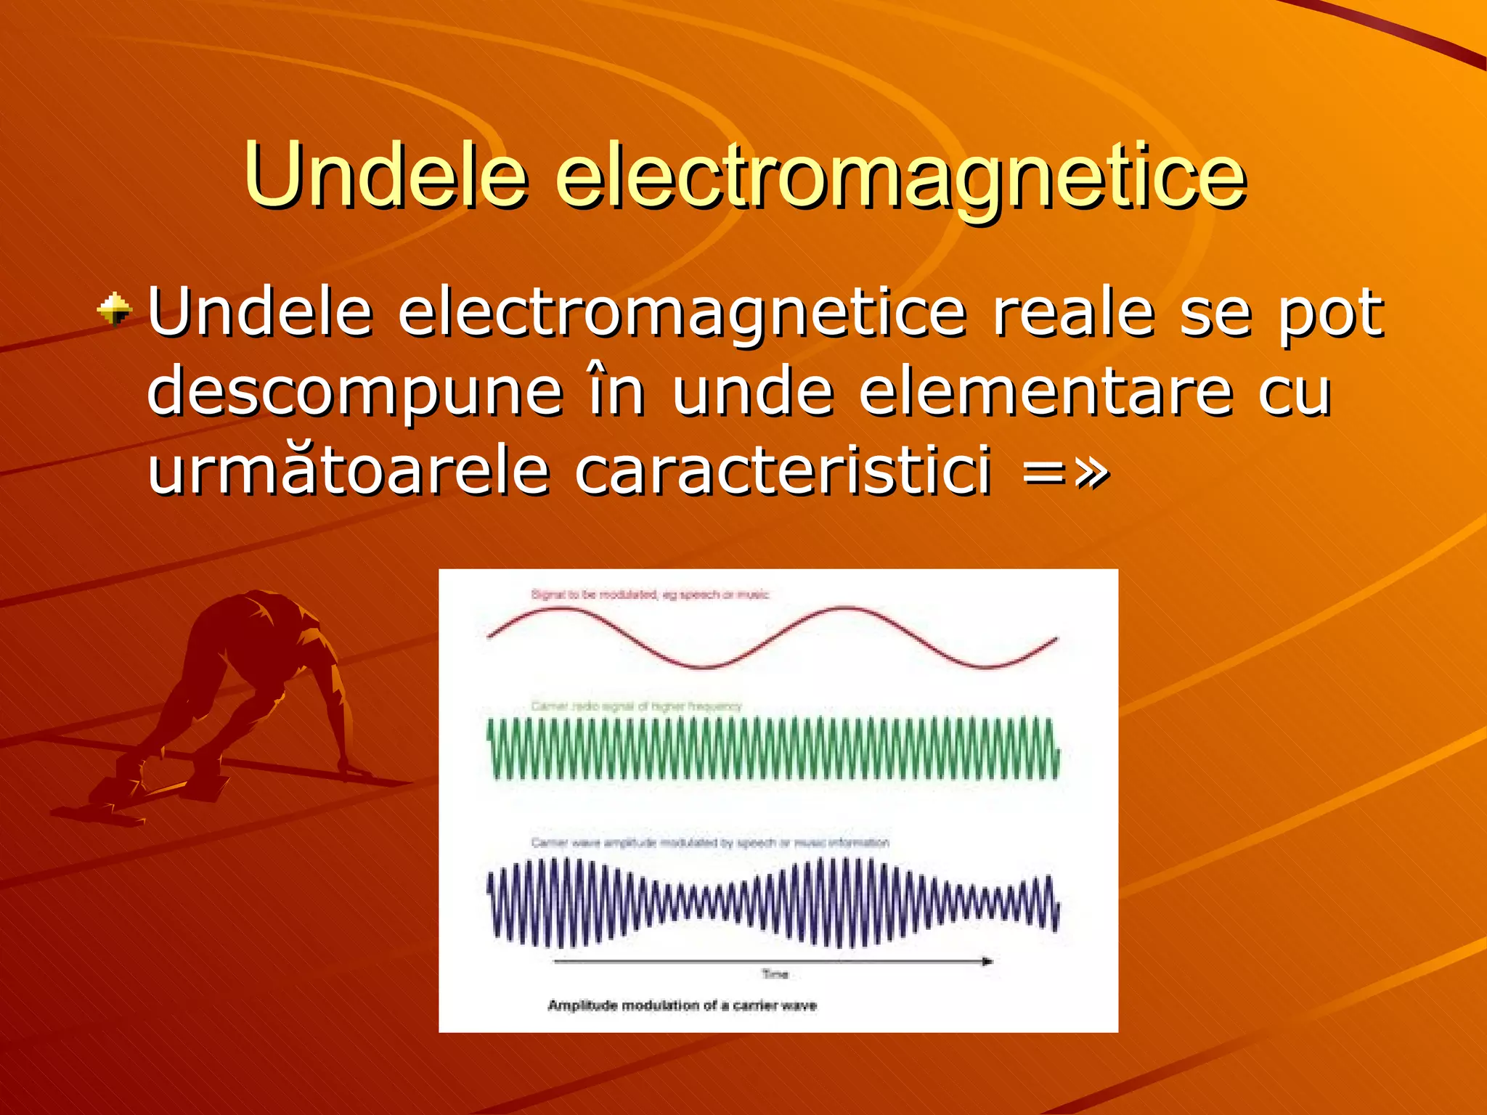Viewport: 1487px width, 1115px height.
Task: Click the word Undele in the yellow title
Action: click(385, 174)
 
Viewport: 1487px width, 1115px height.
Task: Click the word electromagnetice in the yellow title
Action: click(900, 178)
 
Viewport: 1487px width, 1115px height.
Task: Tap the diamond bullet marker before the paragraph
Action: click(115, 311)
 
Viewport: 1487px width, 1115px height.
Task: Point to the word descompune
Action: click(354, 392)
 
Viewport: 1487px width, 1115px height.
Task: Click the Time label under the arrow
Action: click(775, 974)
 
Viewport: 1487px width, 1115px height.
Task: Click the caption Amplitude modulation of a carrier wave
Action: click(682, 1005)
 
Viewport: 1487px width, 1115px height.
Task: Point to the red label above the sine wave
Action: click(650, 595)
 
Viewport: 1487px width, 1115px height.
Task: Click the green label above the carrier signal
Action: click(636, 706)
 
